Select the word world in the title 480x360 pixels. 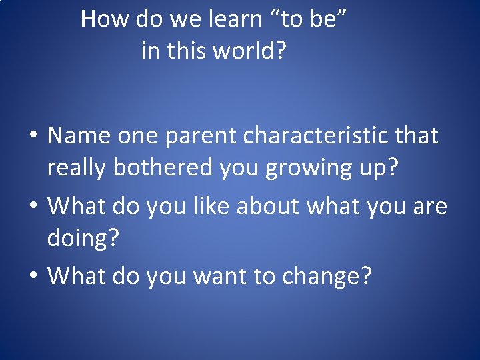point(245,50)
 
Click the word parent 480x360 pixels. point(199,137)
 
